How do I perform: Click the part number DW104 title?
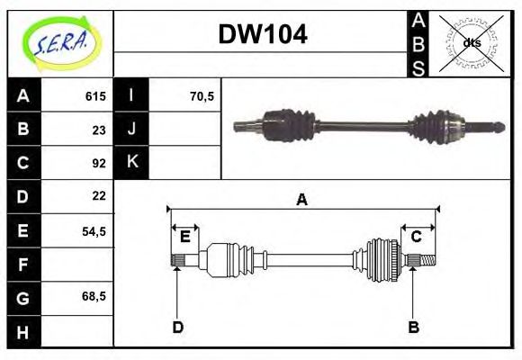pyautogui.click(x=262, y=35)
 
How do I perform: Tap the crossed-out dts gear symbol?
pyautogui.click(x=471, y=42)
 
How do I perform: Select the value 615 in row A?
pyautogui.click(x=94, y=95)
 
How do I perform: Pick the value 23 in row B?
pyautogui.click(x=99, y=129)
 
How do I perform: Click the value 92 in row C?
pyautogui.click(x=99, y=163)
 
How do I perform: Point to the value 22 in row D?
pyautogui.click(x=99, y=195)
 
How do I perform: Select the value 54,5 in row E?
pyautogui.click(x=94, y=230)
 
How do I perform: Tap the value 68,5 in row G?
pyautogui.click(x=94, y=296)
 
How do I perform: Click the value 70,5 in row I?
pyautogui.click(x=202, y=95)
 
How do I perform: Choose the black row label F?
pyautogui.click(x=23, y=265)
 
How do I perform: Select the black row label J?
pyautogui.click(x=131, y=129)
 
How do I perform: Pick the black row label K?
pyautogui.click(x=131, y=162)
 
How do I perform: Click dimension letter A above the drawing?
pyautogui.click(x=302, y=200)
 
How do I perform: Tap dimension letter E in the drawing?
pyautogui.click(x=185, y=237)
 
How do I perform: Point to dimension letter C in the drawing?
pyautogui.click(x=417, y=237)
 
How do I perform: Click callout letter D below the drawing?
pyautogui.click(x=178, y=328)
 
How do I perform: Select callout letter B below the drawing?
pyautogui.click(x=414, y=328)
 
